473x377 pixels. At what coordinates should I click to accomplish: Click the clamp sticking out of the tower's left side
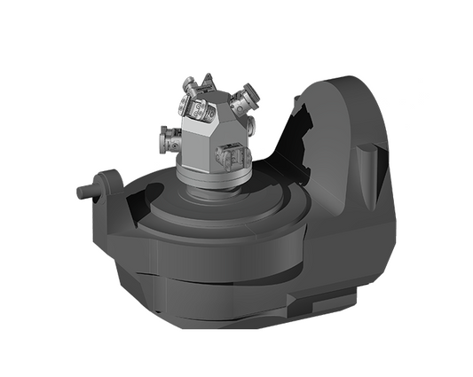[x=169, y=139]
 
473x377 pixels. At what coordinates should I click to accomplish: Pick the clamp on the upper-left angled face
[x=196, y=108]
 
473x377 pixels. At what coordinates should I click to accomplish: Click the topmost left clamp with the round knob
[x=190, y=87]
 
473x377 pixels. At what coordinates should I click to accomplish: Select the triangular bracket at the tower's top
[x=210, y=82]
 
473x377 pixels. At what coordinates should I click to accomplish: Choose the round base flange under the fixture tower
[x=213, y=177]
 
